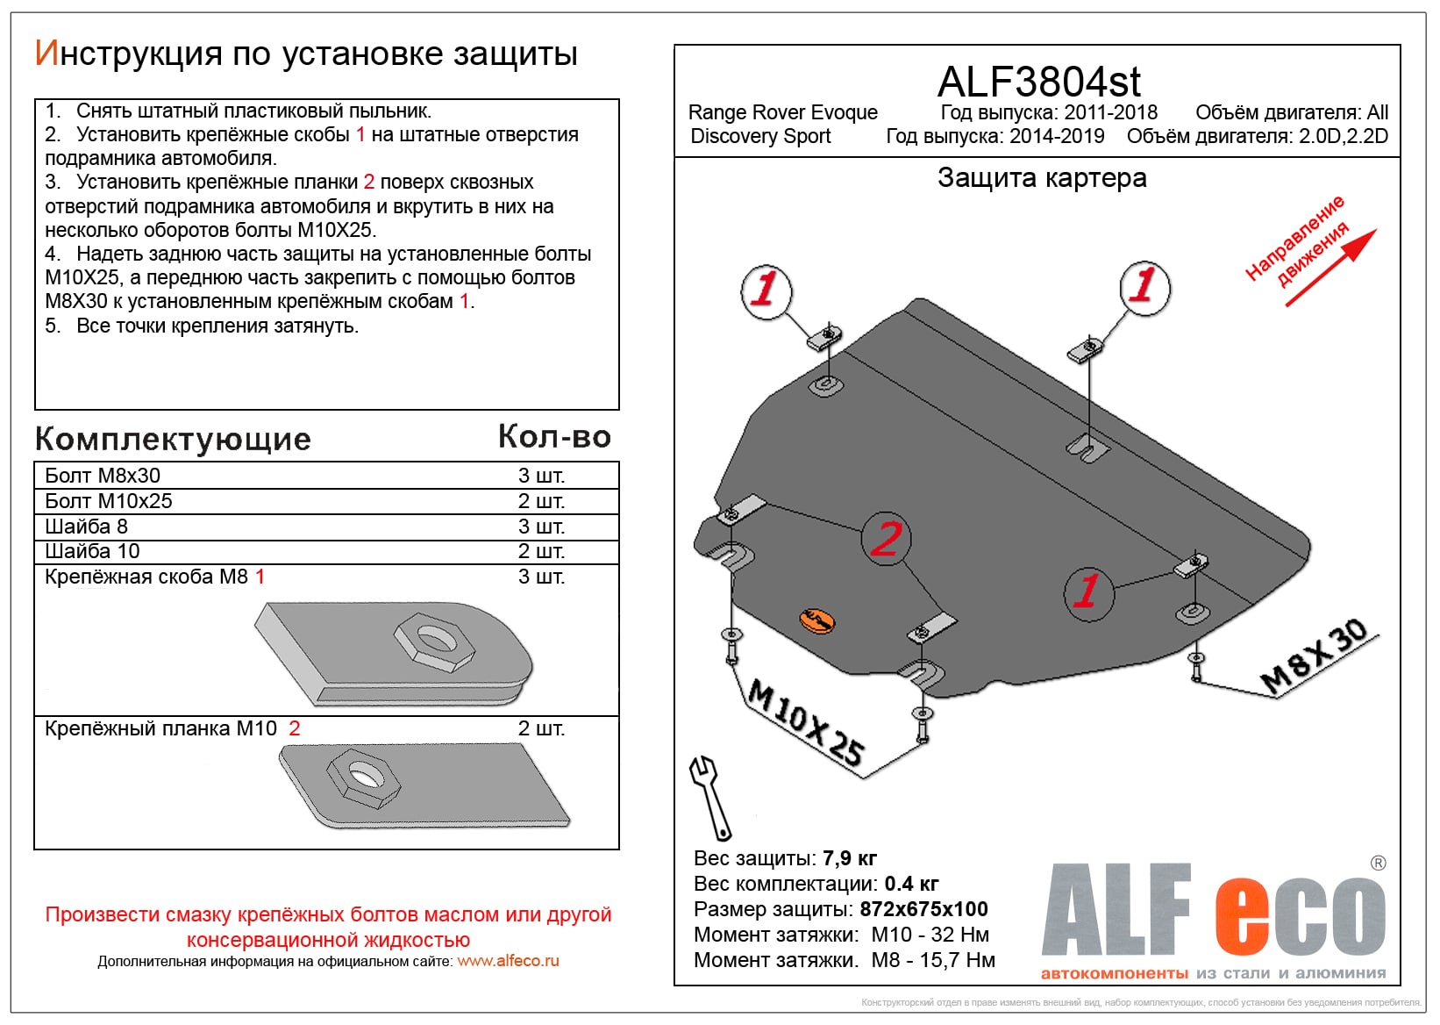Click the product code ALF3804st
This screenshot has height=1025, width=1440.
click(x=1038, y=82)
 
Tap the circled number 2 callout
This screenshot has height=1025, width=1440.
click(x=886, y=538)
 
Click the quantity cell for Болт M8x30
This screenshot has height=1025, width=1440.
click(x=541, y=476)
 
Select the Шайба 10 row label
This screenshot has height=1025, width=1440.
click(x=92, y=551)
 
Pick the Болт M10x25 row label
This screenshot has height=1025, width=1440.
click(x=109, y=501)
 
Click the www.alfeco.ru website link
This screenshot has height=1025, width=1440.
click(x=508, y=961)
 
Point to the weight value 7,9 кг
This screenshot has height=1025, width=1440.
click(x=849, y=858)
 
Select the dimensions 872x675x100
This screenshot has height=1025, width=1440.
click(x=923, y=909)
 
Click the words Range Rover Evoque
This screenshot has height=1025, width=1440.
click(x=782, y=112)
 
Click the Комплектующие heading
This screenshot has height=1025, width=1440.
click(x=173, y=439)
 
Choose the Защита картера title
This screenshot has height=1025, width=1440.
click(x=1042, y=178)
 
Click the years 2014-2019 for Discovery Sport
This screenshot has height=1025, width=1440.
click(x=1056, y=136)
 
